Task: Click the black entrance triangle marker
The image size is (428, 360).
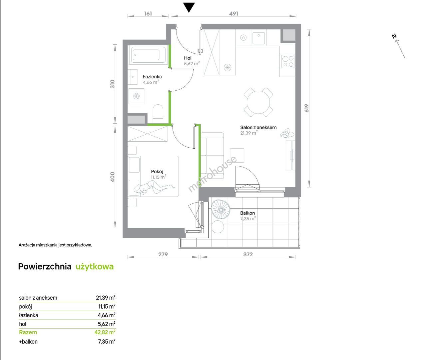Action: pos(189,7)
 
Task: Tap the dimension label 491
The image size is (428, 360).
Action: pos(233,14)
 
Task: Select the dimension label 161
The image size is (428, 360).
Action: pos(148,14)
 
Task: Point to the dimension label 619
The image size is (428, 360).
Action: pos(307,108)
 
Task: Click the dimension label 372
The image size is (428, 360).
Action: pos(248,254)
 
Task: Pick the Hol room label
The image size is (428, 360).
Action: pos(188,58)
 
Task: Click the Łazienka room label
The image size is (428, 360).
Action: pos(152,77)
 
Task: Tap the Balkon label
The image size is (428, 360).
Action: pos(247,213)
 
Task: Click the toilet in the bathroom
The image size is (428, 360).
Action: pos(158,114)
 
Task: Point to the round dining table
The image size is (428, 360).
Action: pos(258,102)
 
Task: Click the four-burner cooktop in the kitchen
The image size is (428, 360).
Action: pos(288,61)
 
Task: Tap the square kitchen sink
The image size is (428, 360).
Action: pos(259,38)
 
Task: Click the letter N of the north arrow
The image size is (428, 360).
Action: pos(394,36)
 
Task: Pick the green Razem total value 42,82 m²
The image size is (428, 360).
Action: pos(105,332)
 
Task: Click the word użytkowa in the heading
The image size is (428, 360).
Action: pos(95,266)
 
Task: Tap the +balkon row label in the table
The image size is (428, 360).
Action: pos(28,342)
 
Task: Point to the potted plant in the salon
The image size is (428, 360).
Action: pos(287,133)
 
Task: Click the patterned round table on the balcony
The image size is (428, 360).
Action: pos(221,210)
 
